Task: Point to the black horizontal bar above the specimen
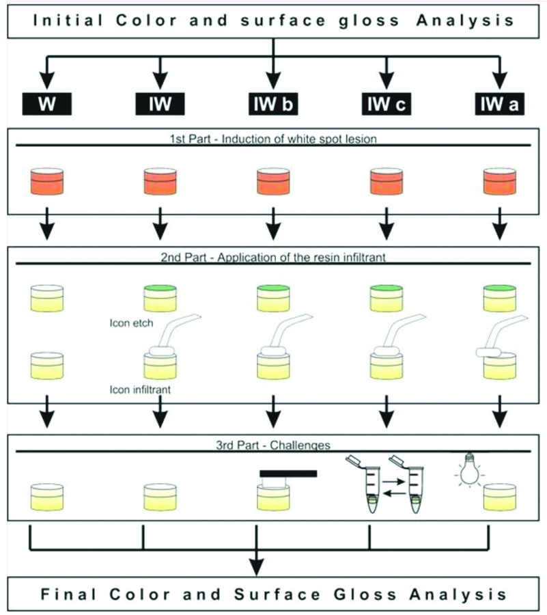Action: point(287,473)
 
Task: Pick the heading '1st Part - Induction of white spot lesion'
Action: point(272,139)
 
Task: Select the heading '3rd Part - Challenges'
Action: point(272,445)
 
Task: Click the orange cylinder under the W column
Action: point(47,180)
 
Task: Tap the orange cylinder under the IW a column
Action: point(500,180)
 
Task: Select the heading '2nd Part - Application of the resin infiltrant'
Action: point(272,258)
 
